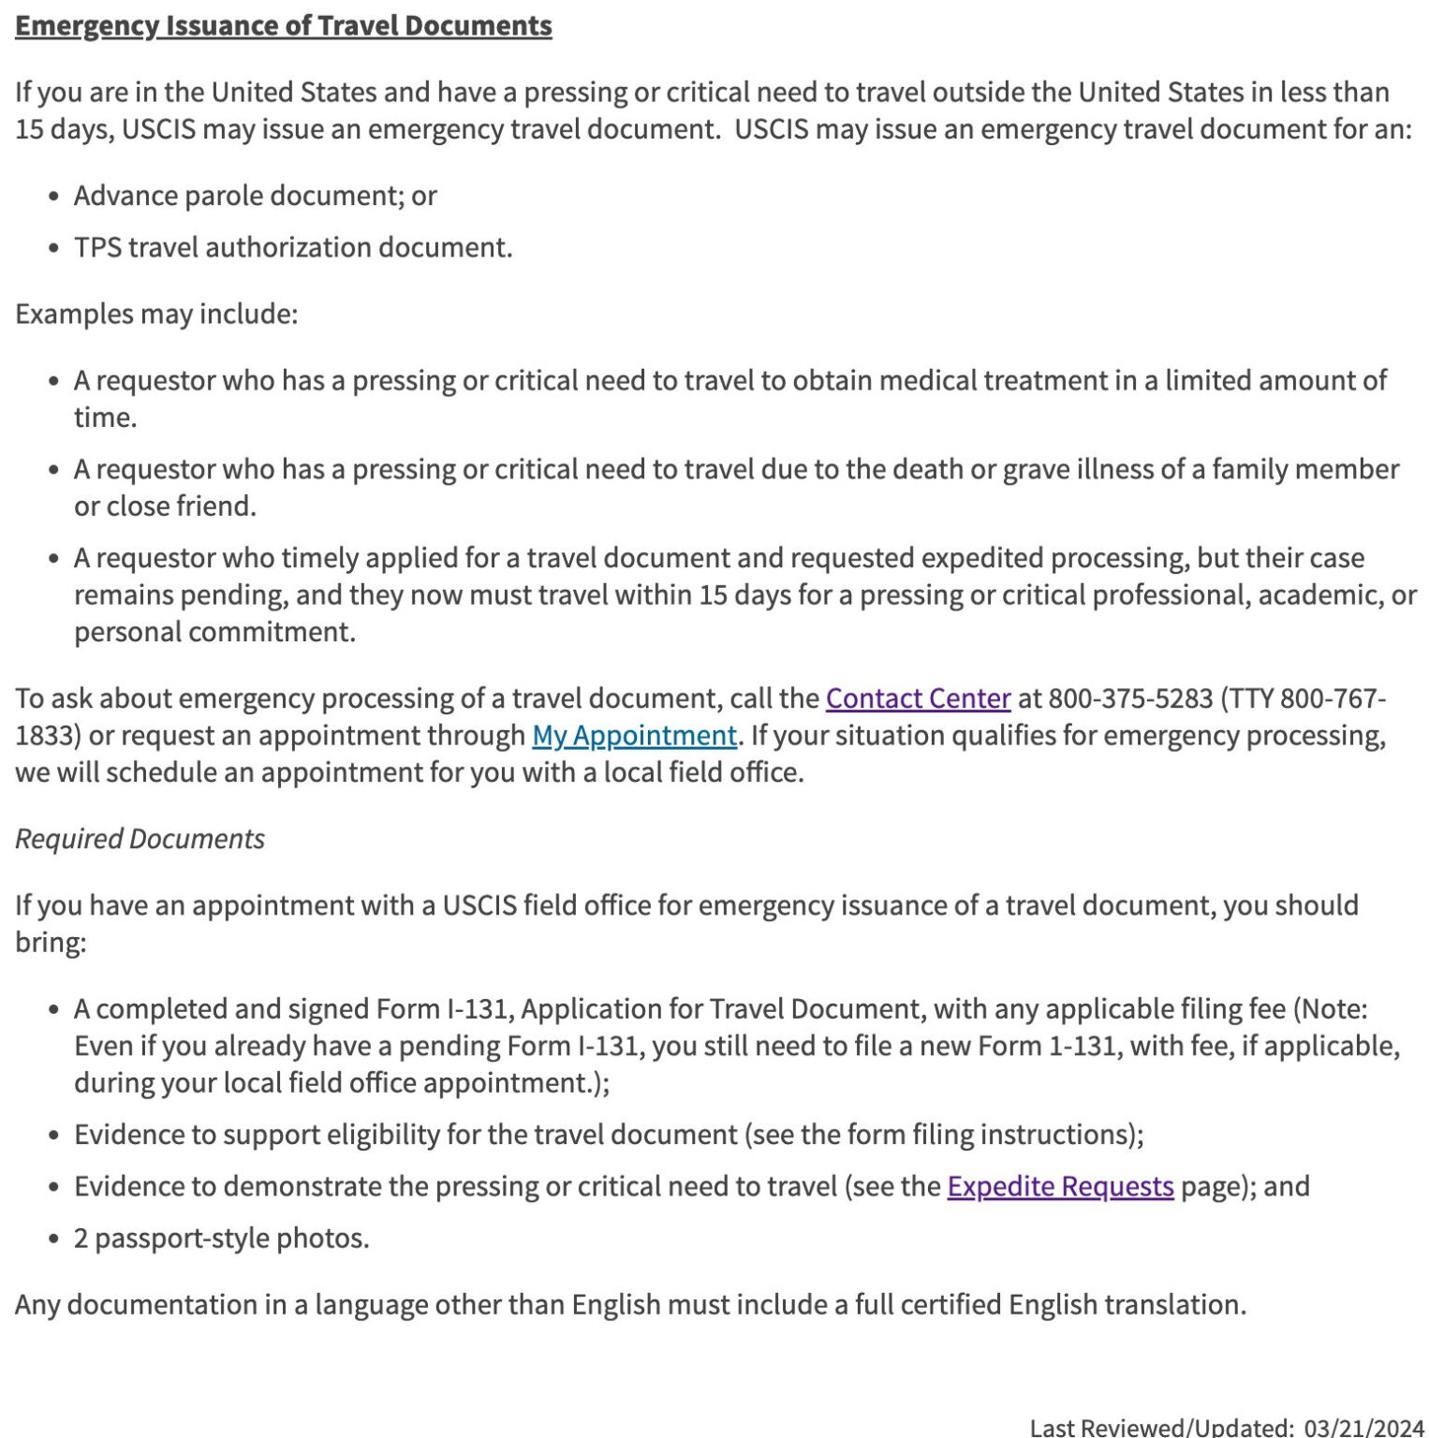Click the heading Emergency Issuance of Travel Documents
click(283, 25)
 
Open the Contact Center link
click(918, 698)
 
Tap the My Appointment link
click(634, 736)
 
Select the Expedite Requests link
click(1060, 1186)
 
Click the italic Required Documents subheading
click(140, 839)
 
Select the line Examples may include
click(155, 314)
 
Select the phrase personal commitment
click(214, 632)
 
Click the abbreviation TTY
click(1251, 698)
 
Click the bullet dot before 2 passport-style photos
click(54, 1240)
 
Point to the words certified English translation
click(1072, 1305)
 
